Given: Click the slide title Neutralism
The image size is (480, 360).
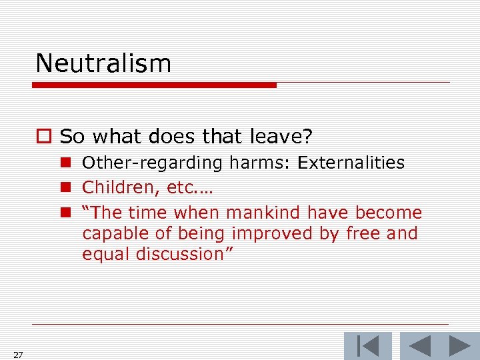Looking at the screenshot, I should [103, 63].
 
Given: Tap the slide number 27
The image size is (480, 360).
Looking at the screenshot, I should [18, 355].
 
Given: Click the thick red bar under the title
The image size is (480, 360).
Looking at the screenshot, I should [154, 85].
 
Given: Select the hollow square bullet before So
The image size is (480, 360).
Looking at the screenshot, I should [44, 137].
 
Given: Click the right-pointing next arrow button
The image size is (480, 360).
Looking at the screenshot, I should [459, 346].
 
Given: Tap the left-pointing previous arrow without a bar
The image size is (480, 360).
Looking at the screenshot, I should [419, 346].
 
